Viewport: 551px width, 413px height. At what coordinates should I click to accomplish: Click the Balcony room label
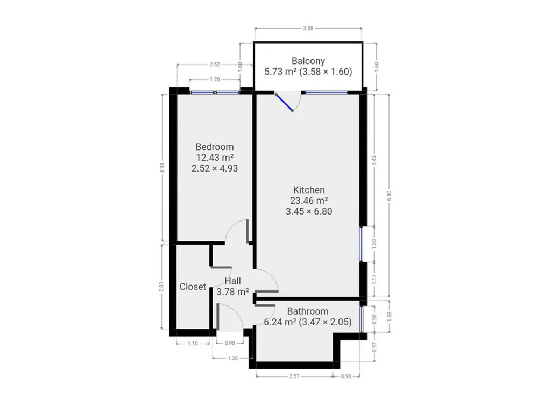pos(308,61)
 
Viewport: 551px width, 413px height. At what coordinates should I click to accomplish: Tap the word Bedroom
pos(214,147)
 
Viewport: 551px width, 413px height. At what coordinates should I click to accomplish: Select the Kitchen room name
pos(309,190)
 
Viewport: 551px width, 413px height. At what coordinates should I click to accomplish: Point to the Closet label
pos(193,287)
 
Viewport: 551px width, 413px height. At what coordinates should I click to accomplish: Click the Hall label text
pos(232,281)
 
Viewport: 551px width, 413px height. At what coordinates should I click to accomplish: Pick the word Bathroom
pos(308,311)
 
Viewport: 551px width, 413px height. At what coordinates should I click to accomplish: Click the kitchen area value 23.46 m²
pos(309,201)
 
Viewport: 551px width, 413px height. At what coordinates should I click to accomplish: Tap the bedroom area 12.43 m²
pos(215,158)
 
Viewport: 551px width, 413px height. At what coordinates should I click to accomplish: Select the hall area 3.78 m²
pos(232,292)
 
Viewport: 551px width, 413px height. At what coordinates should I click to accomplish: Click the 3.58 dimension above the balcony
pos(308,29)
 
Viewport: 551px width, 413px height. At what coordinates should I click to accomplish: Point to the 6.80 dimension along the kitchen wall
pos(388,196)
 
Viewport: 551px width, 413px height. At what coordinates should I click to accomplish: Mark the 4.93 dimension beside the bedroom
pos(162,168)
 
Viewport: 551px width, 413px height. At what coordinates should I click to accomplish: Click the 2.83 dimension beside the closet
pos(161,287)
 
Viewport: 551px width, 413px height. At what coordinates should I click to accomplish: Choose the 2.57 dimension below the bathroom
pos(294,376)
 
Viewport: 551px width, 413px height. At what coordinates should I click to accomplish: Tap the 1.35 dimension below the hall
pos(232,358)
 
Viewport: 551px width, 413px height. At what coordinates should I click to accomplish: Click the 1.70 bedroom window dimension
pos(215,80)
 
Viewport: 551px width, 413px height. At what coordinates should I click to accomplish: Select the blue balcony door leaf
pos(284,103)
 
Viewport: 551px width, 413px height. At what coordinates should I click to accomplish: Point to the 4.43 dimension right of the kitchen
pos(374,161)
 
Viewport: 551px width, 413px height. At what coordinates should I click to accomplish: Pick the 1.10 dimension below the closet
pos(193,344)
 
